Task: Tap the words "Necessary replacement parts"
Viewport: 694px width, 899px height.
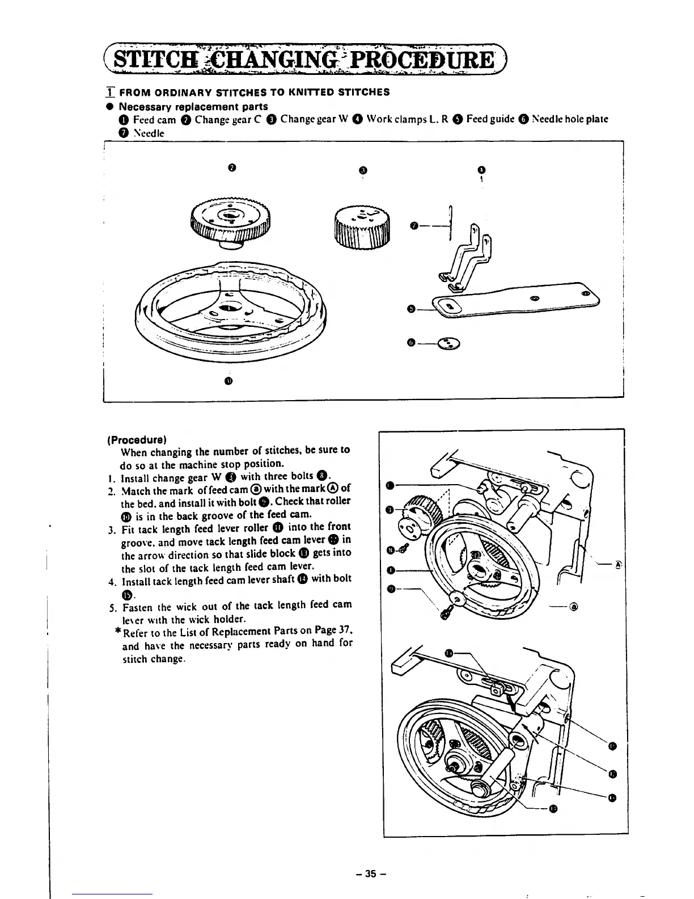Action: [193, 106]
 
